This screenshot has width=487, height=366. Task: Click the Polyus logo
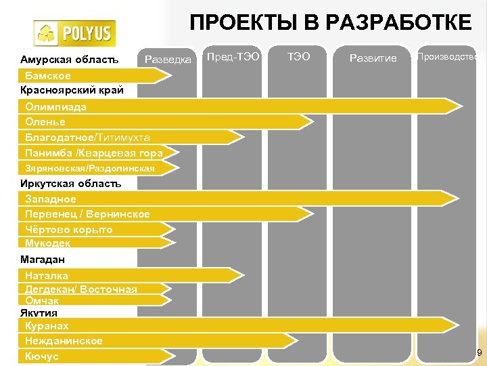(x=74, y=33)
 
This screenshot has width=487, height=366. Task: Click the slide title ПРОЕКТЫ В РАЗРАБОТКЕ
(x=331, y=23)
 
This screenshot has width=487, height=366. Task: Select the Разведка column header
(x=168, y=60)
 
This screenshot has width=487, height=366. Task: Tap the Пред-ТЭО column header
(x=233, y=57)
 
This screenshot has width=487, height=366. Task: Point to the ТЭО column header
(x=299, y=57)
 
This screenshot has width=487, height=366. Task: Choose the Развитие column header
(x=373, y=59)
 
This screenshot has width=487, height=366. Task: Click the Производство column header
(x=448, y=57)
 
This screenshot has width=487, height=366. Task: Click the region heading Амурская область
(x=69, y=60)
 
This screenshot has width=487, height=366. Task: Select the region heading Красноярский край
(x=72, y=89)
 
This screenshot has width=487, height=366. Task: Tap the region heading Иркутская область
(x=70, y=183)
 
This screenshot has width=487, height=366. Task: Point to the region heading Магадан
(x=43, y=260)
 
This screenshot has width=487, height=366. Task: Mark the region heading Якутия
(x=39, y=312)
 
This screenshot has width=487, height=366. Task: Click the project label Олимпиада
(x=55, y=107)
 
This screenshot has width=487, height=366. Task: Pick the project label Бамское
(x=47, y=75)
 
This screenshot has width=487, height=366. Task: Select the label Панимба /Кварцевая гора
(x=93, y=152)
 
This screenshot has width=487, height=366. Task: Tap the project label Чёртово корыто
(x=68, y=229)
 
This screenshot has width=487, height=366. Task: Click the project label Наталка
(x=46, y=275)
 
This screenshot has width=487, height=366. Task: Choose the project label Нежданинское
(x=64, y=341)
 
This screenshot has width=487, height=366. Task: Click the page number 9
(x=479, y=353)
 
